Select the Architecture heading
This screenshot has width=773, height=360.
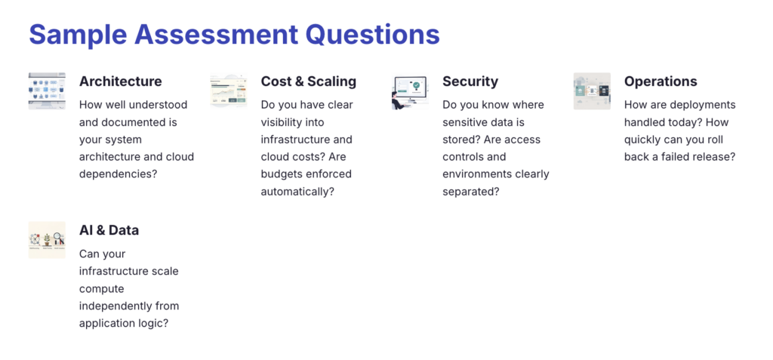click(x=120, y=82)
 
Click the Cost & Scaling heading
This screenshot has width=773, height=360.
click(x=308, y=82)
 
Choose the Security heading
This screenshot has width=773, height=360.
click(x=470, y=82)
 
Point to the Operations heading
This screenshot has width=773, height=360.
click(x=660, y=82)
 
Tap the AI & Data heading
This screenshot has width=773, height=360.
click(x=109, y=231)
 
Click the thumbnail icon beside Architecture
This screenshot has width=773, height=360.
click(x=47, y=91)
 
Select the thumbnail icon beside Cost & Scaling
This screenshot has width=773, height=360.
click(x=229, y=91)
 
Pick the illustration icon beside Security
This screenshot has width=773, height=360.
click(x=410, y=91)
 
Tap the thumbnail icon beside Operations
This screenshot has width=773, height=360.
click(x=592, y=91)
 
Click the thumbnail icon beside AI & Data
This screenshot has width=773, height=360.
click(x=47, y=240)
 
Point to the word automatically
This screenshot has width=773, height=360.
click(x=297, y=192)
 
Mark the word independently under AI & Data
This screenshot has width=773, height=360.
click(x=117, y=306)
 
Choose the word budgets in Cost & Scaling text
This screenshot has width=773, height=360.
click(x=282, y=174)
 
